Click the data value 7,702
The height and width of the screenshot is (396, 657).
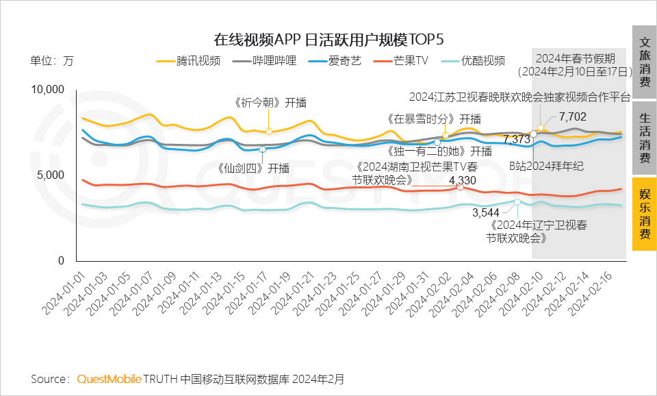click(572, 116)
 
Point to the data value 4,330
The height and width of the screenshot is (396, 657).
click(462, 180)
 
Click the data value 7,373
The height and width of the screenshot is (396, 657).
click(517, 139)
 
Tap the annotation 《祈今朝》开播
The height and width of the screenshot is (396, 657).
click(268, 103)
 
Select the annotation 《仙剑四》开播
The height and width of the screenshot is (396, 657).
click(254, 168)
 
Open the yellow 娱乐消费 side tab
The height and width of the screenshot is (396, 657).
click(644, 214)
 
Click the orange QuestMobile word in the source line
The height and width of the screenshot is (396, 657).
click(109, 379)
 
